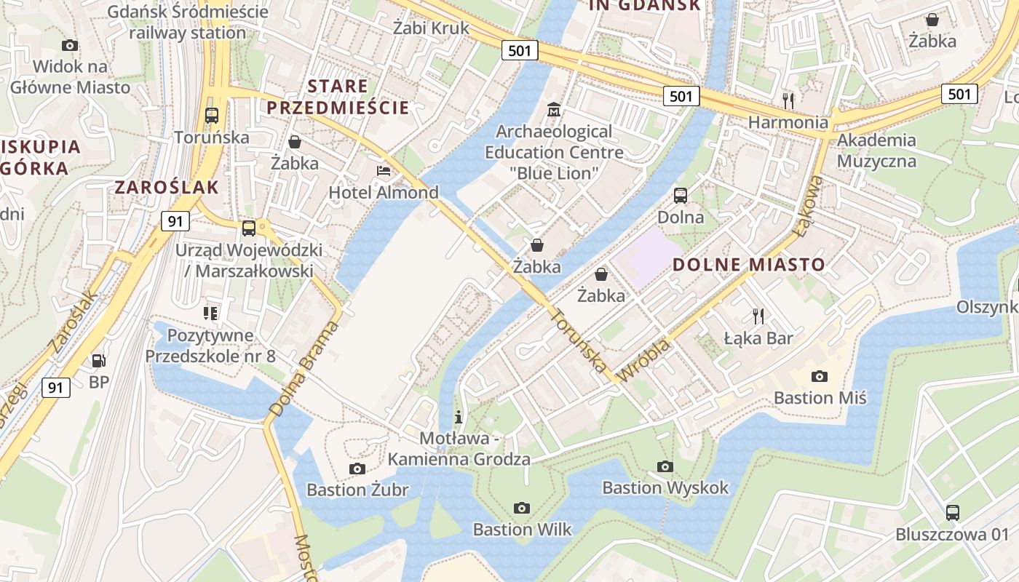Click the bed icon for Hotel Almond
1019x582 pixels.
coord(384,171)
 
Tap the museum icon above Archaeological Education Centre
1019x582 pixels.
coord(554,110)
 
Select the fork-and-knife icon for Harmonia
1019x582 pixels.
coord(788,100)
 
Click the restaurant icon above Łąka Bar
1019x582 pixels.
coord(758,316)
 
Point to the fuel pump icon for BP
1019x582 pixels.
coord(98,360)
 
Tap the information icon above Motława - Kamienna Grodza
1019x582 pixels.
coord(459,417)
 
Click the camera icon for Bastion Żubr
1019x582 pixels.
coord(357,469)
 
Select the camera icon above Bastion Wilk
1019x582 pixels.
coord(522,508)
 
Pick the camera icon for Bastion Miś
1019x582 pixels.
coord(820,376)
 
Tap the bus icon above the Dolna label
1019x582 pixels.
coord(681,195)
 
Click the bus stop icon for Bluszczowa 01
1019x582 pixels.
coord(953,512)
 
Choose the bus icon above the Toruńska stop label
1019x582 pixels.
coord(212,115)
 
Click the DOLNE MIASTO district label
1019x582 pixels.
coord(749,265)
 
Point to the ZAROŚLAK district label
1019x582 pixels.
coord(167,187)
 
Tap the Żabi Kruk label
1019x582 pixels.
coord(431,28)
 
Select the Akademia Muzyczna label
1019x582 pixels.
coord(876,150)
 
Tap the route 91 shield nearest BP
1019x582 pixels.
coord(56,387)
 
